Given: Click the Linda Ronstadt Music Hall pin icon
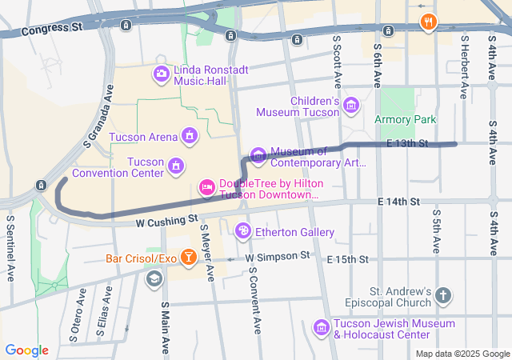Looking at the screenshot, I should coord(162,74).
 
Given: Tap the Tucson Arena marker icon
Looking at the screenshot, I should coord(190,135).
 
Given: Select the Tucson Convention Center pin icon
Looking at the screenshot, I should coord(175,166).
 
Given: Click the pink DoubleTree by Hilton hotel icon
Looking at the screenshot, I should coord(206,188).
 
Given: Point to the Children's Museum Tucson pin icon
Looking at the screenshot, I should coord(350,106).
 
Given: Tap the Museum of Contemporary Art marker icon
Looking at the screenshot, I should coord(258,154).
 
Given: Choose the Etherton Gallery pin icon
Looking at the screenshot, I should coord(242,232).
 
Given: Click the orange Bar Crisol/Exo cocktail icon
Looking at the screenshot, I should coord(188,258).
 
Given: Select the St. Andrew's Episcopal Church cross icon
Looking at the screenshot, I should coord(443,297).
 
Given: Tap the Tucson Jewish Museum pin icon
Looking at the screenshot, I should coord(321,327).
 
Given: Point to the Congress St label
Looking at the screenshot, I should coord(53,30).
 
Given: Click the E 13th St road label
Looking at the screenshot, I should coord(407,143).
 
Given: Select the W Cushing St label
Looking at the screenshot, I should coord(166,218).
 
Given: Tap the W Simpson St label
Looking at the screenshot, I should coord(277,257).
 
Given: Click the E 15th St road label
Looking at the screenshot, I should coord(347,260).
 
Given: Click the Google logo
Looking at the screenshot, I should coord(27,350).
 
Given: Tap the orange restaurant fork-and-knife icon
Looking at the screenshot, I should coord(428,22).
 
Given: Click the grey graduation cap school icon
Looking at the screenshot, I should coord(153,278).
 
